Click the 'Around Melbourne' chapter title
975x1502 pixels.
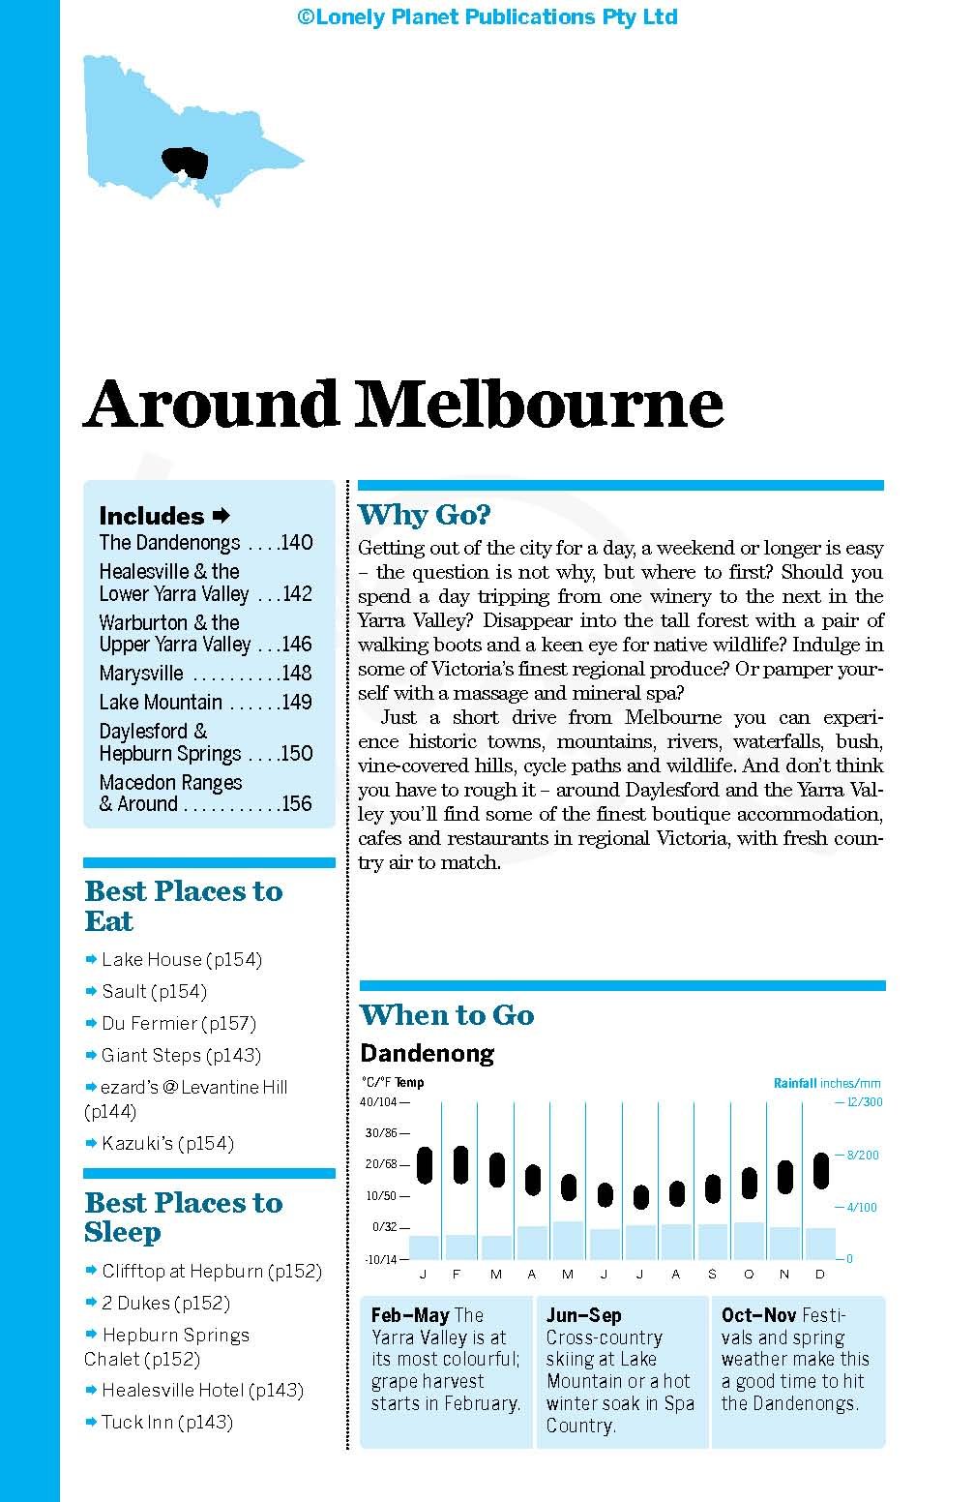click(x=403, y=404)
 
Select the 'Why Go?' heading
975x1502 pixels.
click(x=424, y=514)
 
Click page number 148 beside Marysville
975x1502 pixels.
click(x=296, y=674)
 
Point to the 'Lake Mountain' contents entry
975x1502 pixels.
click(x=161, y=703)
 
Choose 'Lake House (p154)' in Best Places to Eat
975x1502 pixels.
click(x=182, y=960)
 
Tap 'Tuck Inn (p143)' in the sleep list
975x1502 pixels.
click(x=167, y=1423)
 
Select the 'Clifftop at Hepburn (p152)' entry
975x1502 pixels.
click(x=211, y=1272)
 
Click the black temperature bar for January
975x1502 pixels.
click(x=425, y=1165)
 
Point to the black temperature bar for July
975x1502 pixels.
click(x=640, y=1197)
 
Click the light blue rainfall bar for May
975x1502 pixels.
click(x=568, y=1240)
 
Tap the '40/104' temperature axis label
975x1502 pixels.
click(x=379, y=1102)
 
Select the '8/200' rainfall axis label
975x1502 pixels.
click(x=863, y=1156)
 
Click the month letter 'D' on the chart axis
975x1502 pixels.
click(x=820, y=1275)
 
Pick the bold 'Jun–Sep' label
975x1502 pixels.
click(x=583, y=1315)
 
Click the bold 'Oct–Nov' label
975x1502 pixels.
click(x=758, y=1315)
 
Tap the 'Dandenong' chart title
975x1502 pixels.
click(x=427, y=1053)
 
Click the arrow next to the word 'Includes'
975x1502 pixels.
click(x=221, y=515)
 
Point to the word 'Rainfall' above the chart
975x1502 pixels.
click(x=795, y=1084)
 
